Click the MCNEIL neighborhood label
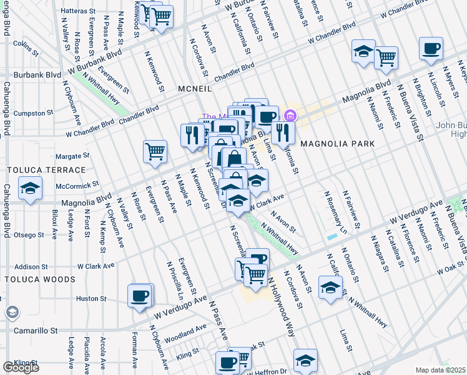[x=194, y=89]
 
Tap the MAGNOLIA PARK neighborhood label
[x=337, y=144]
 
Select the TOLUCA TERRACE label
[x=46, y=170]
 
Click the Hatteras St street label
[x=78, y=11]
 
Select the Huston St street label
[x=92, y=299]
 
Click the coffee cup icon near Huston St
[x=140, y=296]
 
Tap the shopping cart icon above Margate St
[x=155, y=151]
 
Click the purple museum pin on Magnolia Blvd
[x=289, y=116]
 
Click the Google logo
[x=21, y=367]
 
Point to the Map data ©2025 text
[x=441, y=370]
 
